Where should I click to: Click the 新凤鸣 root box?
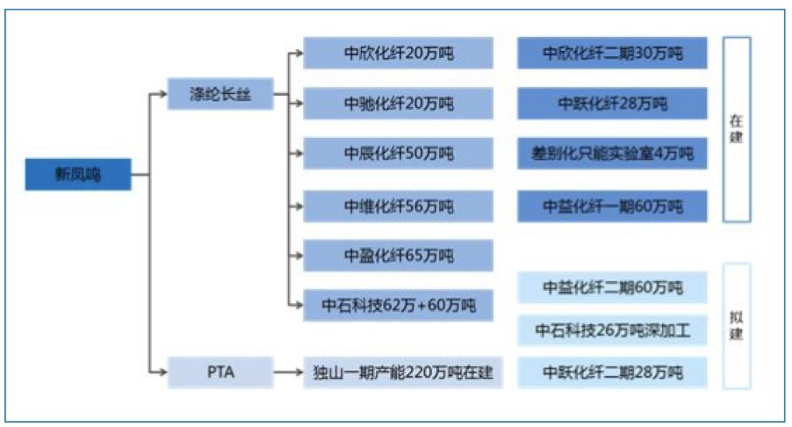pos(78,175)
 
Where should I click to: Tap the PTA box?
pos(220,373)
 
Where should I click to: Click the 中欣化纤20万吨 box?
pos(399,54)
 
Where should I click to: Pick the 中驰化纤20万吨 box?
pos(399,104)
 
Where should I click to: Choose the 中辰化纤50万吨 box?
pos(399,155)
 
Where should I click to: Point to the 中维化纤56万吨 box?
pos(399,206)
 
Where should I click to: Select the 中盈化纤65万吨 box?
pos(399,256)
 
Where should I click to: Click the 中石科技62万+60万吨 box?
pos(399,306)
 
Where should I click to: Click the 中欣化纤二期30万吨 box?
pos(612,54)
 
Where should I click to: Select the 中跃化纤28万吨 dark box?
pos(612,104)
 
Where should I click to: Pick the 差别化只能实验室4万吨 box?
pos(612,155)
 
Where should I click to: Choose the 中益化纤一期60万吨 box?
pos(612,206)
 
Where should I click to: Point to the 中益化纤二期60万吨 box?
pos(612,287)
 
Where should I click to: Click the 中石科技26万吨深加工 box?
pos(612,330)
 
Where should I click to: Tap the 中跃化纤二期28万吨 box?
pos(612,373)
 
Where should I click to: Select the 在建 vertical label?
pos(737,128)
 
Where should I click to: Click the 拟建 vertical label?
pos(737,325)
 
